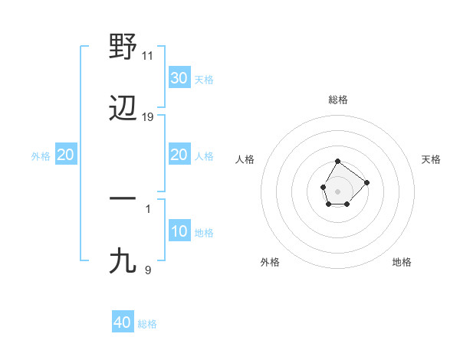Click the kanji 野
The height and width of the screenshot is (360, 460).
123,48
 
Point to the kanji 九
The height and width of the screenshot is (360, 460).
123,261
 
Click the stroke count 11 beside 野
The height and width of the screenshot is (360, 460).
148,56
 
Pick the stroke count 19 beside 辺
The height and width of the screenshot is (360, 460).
148,117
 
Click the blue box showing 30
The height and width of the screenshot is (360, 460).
179,78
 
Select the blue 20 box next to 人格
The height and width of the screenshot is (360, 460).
179,155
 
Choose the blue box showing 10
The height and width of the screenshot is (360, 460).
179,231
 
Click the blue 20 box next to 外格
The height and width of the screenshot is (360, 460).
65,155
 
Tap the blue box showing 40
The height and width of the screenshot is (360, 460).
123,322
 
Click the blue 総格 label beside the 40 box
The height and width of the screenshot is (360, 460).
147,324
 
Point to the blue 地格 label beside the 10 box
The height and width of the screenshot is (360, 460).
204,233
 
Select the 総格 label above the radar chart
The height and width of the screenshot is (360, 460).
338,100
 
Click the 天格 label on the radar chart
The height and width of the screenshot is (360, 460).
432,159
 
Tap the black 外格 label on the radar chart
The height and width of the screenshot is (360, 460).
270,262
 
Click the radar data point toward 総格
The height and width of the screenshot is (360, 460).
338,162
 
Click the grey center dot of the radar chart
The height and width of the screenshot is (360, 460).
338,191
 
